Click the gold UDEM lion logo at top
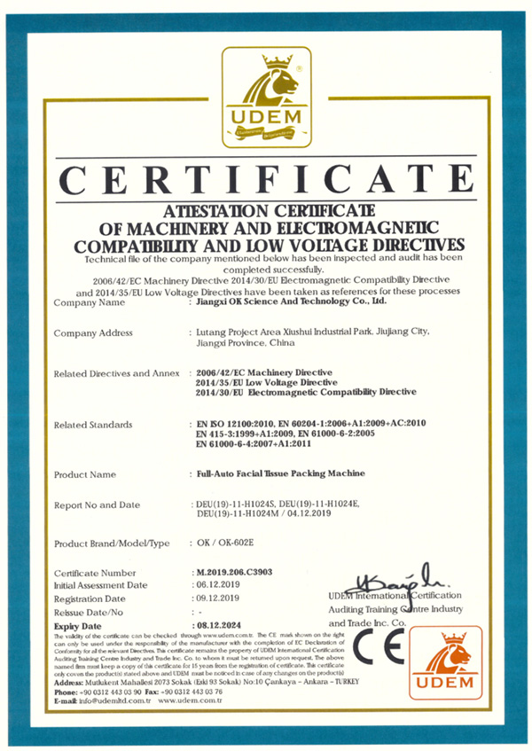(266, 96)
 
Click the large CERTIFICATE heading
(266, 179)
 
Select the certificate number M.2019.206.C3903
(235, 573)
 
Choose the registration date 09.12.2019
(219, 598)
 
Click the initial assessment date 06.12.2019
(219, 585)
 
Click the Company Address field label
(93, 332)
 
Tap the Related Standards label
(93, 425)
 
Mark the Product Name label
(85, 474)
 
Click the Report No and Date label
(97, 505)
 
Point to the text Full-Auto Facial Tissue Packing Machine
(283, 474)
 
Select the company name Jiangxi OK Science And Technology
(291, 301)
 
